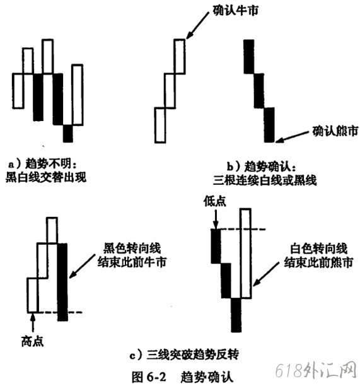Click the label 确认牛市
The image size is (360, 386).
[236, 11]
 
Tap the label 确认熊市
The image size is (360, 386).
[335, 131]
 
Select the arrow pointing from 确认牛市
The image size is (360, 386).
[197, 25]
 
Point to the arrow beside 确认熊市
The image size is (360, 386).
[292, 137]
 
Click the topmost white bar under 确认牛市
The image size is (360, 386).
[180, 56]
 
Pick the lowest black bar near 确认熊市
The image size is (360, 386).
[269, 125]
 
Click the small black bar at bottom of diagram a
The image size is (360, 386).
[68, 134]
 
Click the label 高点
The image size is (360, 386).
[33, 341]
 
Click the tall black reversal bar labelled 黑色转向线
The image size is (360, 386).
[62, 282]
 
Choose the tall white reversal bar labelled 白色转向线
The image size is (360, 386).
[246, 254]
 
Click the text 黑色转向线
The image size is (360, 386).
[132, 248]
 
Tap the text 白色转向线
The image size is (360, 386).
[319, 249]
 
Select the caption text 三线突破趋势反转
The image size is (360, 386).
[192, 355]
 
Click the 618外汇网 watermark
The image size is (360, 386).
[316, 370]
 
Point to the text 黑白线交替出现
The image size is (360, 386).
[46, 177]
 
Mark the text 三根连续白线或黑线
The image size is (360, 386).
[265, 180]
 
